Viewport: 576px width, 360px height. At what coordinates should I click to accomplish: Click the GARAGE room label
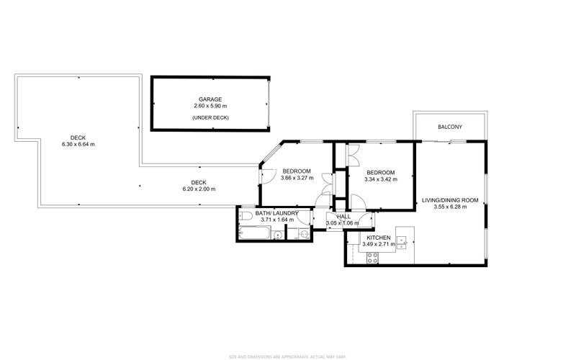210,99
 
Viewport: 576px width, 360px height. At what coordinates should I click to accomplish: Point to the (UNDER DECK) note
210,117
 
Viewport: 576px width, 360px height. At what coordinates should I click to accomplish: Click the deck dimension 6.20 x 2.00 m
199,189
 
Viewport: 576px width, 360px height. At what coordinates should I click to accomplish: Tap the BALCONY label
450,127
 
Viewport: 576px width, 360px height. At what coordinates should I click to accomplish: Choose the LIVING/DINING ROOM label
450,200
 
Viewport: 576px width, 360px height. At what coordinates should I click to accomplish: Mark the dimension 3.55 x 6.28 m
450,207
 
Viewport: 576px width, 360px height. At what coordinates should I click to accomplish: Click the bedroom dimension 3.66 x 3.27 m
296,178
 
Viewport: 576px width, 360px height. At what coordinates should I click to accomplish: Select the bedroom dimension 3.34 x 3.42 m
380,179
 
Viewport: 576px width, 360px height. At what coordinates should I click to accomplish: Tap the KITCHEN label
379,238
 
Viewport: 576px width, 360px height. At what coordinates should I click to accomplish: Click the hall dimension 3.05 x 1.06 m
341,223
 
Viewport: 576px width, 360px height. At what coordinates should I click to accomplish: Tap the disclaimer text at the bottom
288,356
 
